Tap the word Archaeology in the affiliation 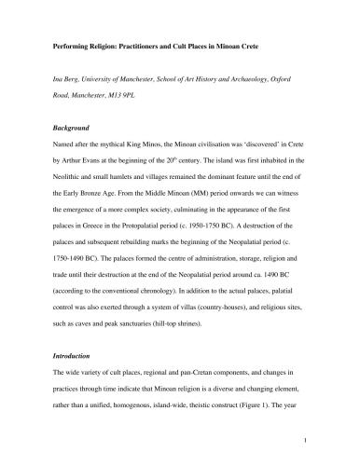coord(255,89)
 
